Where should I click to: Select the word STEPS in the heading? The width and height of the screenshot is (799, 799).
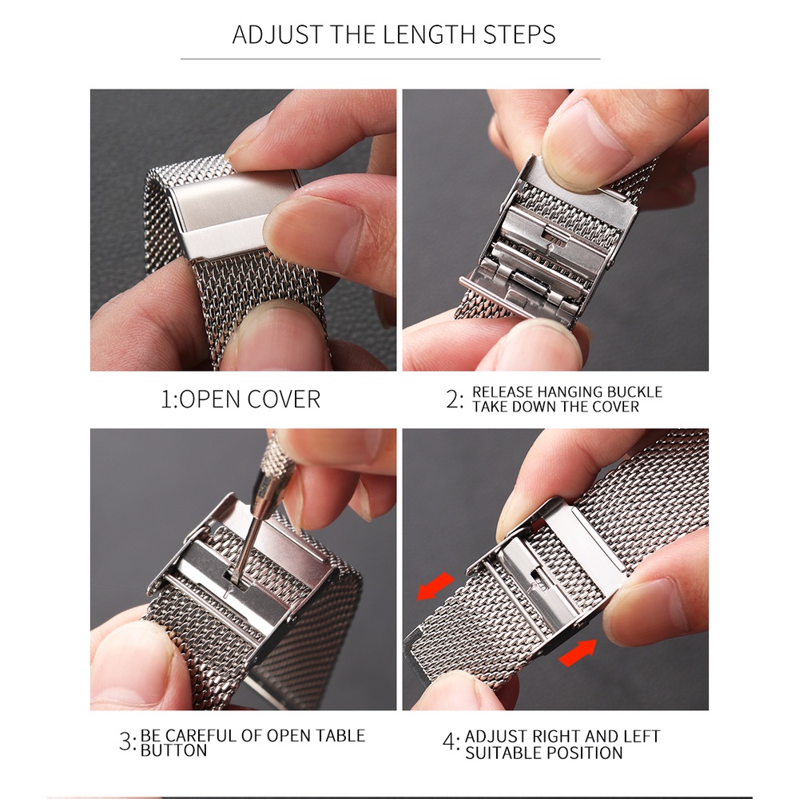pos(519,34)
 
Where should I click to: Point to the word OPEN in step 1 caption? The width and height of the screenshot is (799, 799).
pos(210,399)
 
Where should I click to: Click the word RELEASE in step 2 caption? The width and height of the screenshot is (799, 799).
pos(503,392)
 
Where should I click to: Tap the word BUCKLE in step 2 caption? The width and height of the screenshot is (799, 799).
pos(635,392)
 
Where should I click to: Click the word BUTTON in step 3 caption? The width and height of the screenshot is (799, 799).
pos(173,750)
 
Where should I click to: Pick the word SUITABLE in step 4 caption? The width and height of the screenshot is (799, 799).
pos(496,753)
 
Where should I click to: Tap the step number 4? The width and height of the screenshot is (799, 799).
pos(449,741)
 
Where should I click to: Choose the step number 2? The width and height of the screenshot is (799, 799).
pos(452,399)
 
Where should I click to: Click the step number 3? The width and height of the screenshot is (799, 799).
pos(125,741)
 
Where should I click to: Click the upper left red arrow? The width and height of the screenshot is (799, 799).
pos(435,586)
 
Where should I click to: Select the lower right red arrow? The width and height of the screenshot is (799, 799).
pos(578,652)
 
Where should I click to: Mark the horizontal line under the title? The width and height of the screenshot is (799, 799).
pos(391,59)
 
